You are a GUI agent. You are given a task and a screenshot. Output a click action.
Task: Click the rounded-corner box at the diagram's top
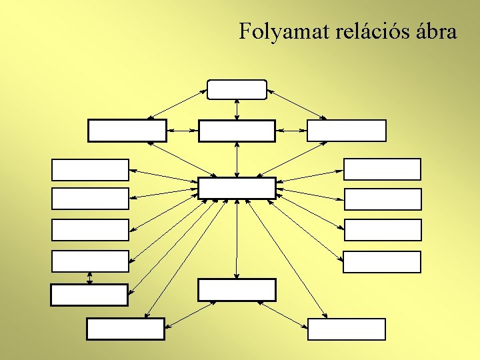(x=237, y=89)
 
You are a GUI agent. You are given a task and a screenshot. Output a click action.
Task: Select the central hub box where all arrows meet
(x=237, y=188)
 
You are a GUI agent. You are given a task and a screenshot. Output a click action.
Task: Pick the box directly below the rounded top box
(x=237, y=131)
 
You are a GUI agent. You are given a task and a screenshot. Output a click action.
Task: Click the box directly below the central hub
(x=237, y=290)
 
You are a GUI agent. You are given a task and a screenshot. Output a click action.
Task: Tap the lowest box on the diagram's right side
(x=347, y=329)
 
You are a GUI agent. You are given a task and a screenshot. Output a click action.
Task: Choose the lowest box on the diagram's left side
(x=125, y=329)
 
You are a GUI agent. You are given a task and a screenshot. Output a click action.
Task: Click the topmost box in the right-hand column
(x=382, y=169)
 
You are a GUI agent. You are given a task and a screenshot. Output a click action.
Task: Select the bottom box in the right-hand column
(x=382, y=262)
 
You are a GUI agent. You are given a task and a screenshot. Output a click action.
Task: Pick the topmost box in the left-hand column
(x=90, y=170)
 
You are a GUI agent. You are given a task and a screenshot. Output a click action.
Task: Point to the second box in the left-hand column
(x=90, y=199)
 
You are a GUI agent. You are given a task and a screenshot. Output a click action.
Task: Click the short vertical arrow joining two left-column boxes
(x=90, y=277)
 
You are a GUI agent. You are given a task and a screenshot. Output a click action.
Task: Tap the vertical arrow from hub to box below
(x=237, y=239)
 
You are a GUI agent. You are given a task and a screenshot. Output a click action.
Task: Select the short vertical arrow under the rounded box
(x=237, y=109)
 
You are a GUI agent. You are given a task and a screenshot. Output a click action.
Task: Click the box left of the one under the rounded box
(x=127, y=131)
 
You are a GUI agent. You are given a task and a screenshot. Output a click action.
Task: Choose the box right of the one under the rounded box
(x=347, y=131)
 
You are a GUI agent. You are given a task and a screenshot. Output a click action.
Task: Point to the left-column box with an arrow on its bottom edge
(x=90, y=261)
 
